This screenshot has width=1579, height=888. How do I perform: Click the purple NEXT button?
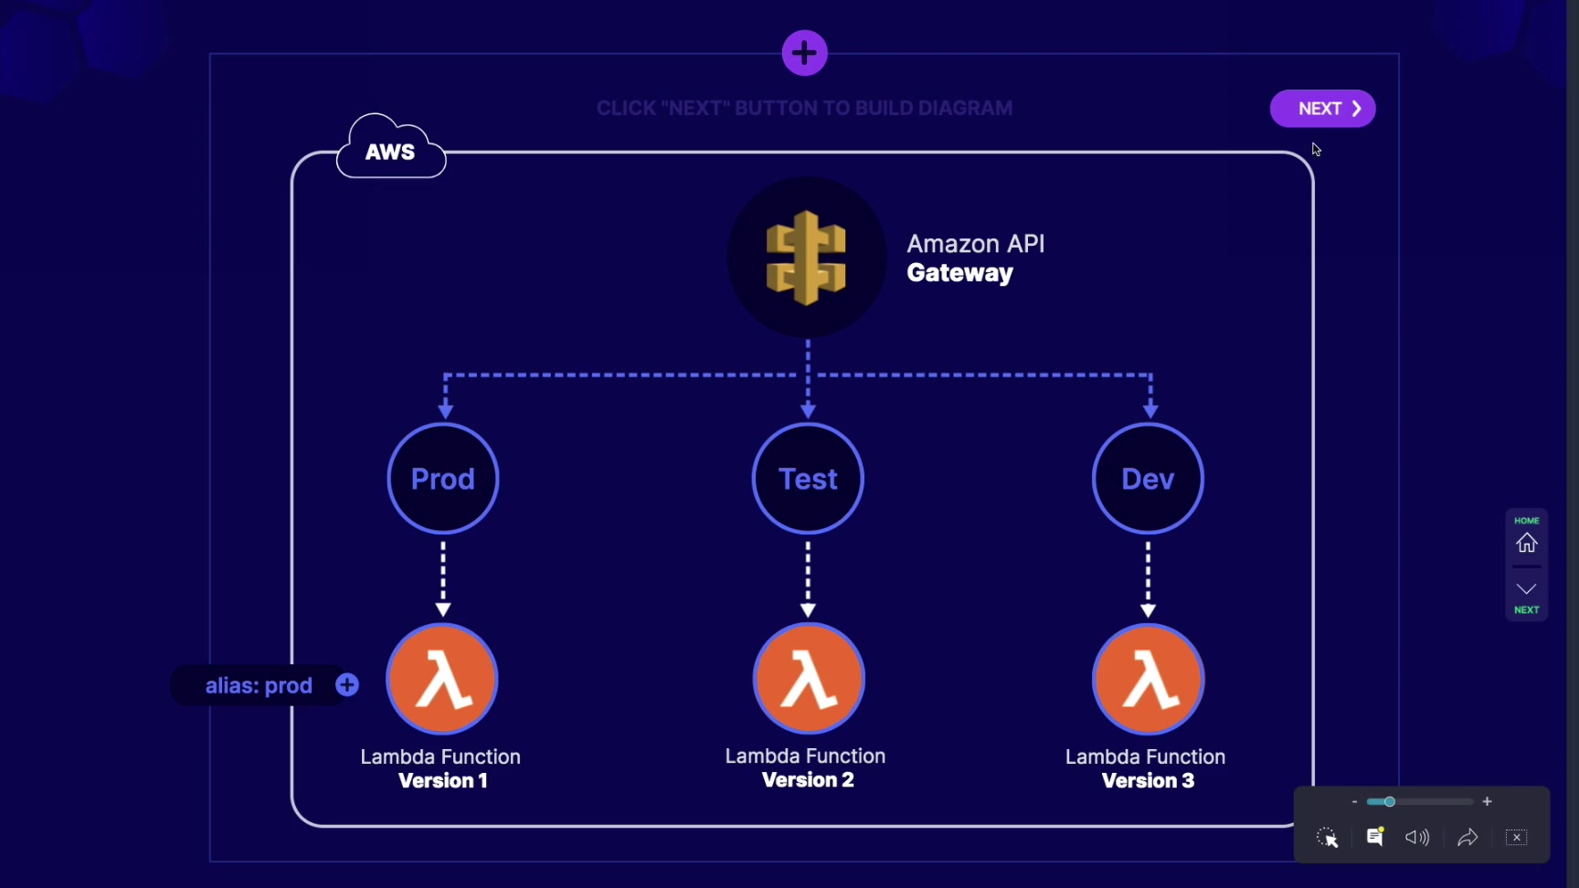tap(1322, 109)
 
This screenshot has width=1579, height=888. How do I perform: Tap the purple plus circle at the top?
tap(804, 53)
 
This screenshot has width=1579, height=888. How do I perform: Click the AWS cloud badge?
tap(390, 151)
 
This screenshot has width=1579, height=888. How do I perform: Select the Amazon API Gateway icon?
tap(806, 258)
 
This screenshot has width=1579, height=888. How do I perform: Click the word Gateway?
tap(959, 273)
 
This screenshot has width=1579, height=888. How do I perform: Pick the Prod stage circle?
tap(443, 479)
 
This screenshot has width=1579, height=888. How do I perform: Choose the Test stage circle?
tap(808, 479)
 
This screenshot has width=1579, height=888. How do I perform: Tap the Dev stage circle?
tap(1148, 479)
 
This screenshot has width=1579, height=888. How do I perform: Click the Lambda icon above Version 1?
tap(442, 680)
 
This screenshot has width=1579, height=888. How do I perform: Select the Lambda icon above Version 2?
tap(809, 679)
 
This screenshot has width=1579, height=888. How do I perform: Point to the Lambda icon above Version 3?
tap(1149, 680)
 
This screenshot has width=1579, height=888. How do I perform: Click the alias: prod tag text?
tap(259, 686)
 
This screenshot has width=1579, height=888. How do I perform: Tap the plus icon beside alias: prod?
tap(347, 685)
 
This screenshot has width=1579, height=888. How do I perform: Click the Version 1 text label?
tap(443, 781)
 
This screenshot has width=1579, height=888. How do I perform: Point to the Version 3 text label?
tap(1148, 781)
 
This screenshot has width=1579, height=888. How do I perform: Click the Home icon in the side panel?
tap(1527, 544)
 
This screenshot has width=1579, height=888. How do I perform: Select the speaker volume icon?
tap(1417, 838)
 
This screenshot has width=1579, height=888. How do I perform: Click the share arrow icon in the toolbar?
tap(1468, 838)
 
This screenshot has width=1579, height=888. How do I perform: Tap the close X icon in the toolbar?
tap(1516, 838)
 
